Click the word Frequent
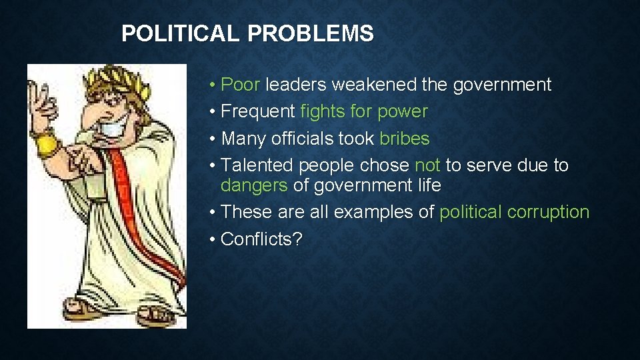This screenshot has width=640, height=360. [x=258, y=111]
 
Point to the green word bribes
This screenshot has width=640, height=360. [x=405, y=138]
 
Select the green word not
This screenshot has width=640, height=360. [x=427, y=165]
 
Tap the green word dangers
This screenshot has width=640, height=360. [x=254, y=185]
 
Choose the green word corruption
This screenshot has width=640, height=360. [x=549, y=212]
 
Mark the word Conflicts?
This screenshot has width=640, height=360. [x=261, y=239]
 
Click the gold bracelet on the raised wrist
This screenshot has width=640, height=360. [x=47, y=144]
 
